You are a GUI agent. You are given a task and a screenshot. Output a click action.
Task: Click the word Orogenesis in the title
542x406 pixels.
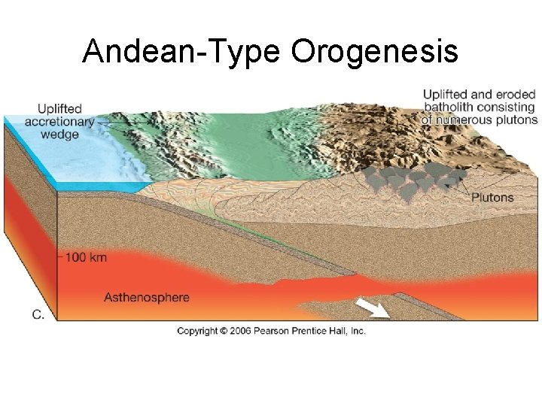pyautogui.click(x=374, y=52)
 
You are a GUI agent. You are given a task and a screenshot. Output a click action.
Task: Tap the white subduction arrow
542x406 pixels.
pyautogui.click(x=373, y=308)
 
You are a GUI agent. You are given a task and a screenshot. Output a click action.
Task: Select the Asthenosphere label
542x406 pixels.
pyautogui.click(x=147, y=297)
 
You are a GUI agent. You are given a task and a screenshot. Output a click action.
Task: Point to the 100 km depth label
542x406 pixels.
pyautogui.click(x=86, y=257)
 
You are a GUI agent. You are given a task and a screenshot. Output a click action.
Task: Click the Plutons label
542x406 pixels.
pyautogui.click(x=492, y=198)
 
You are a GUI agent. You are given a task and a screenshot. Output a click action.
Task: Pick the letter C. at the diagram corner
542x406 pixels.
pyautogui.click(x=38, y=315)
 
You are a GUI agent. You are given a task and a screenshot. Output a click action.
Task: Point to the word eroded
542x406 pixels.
pyautogui.click(x=515, y=95)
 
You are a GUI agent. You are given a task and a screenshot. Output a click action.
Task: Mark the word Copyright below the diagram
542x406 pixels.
pyautogui.click(x=197, y=331)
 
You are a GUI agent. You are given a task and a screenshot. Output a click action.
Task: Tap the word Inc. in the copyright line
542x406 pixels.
pyautogui.click(x=356, y=331)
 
